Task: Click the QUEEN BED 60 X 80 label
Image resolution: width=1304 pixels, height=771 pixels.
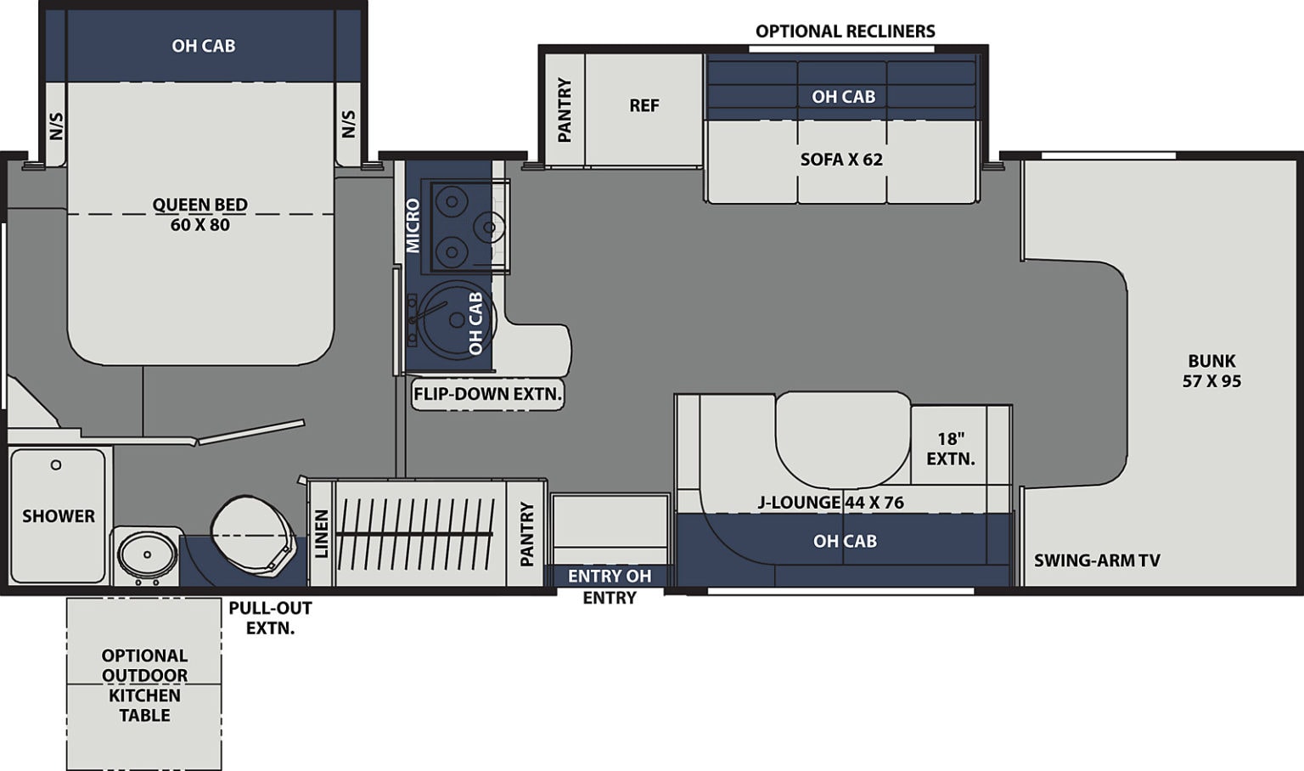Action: coord(200,215)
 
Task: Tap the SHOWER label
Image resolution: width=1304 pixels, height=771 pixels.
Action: coord(59,516)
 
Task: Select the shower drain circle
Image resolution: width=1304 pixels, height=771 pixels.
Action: coord(56,465)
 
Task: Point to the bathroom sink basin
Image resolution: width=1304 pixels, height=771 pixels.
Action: coord(147,554)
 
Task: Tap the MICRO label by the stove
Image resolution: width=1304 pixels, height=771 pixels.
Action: coord(413,226)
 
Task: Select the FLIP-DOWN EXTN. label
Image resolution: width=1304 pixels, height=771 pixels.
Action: coord(487,394)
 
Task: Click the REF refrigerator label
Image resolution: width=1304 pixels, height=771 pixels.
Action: coord(644,105)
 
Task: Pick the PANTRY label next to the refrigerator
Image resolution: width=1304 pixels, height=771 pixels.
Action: coord(565,110)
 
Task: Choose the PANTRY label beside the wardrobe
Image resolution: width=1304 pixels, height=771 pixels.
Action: coord(527,534)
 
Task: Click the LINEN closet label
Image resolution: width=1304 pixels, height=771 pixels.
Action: coord(322,534)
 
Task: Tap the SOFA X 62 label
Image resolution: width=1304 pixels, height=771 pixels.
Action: coord(841,160)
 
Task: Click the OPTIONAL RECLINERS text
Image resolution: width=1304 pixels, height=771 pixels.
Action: coord(845,31)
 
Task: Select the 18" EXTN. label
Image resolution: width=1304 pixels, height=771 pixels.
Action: coord(950,448)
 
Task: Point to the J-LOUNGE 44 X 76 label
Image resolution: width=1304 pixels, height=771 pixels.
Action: coord(830,503)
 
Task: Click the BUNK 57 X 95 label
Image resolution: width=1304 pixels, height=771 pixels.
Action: coord(1211,371)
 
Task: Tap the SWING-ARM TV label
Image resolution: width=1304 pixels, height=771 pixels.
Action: coord(1097,560)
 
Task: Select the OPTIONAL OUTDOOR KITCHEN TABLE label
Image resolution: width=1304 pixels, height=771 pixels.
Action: coord(144,685)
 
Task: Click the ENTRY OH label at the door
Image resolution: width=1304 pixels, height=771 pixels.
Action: coord(609,577)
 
